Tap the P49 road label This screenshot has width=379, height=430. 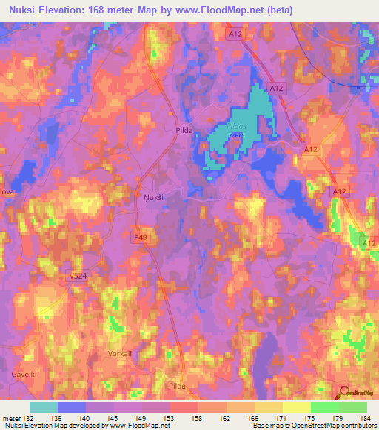point(141,237)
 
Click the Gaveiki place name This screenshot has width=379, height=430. point(24,375)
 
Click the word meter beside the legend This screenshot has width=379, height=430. point(10,418)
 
